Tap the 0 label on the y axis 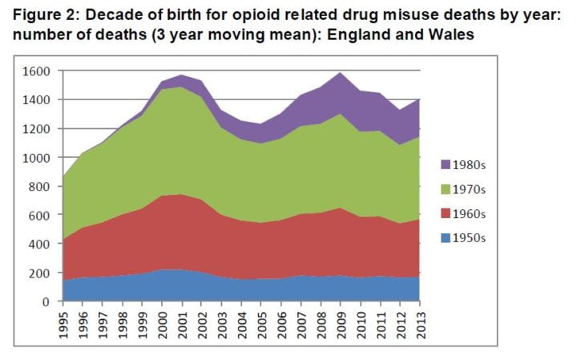coord(47,301)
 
